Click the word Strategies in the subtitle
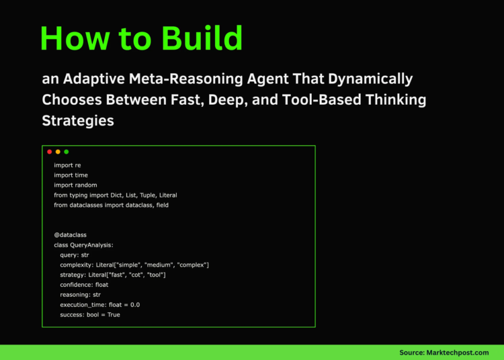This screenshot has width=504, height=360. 78,122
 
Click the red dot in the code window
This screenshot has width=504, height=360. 50,152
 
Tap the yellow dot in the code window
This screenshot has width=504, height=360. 58,152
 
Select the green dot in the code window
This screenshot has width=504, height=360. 66,152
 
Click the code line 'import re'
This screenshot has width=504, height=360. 67,165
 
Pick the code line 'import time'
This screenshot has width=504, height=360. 71,175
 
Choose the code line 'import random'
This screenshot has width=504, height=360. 75,185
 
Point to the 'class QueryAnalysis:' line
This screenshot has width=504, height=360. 83,245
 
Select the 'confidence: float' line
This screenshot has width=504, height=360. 83,285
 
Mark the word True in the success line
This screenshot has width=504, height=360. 113,314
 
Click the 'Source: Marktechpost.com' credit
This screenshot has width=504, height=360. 444,352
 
